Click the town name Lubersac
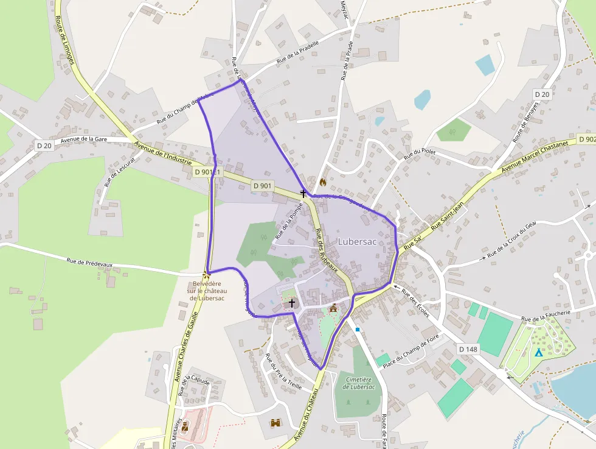coord(357,242)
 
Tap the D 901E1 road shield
coord(208,172)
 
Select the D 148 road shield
coord(468,349)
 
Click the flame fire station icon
coord(322,182)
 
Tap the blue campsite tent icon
coord(538,352)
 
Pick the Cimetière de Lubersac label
coord(358,383)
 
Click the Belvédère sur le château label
coord(207,291)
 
